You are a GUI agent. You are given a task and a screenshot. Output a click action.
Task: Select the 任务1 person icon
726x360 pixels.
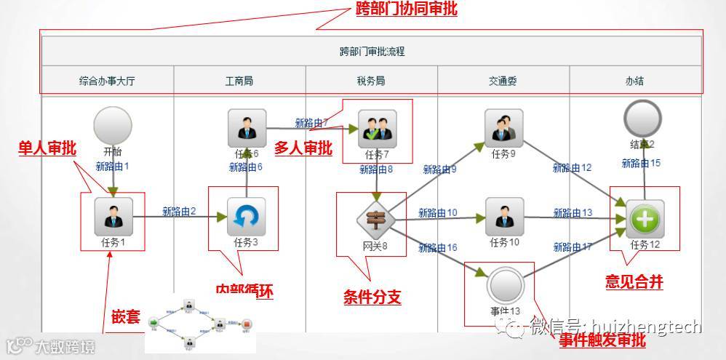[113, 217]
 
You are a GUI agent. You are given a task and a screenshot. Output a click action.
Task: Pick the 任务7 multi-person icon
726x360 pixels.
[378, 129]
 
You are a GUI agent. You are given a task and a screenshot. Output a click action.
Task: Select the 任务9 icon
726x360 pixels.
[504, 128]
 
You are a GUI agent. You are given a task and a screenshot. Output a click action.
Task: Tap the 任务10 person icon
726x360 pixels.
[504, 217]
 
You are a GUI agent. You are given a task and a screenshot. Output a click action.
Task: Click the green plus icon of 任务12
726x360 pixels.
[645, 218]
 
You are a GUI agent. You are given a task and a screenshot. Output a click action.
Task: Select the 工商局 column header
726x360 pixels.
[239, 81]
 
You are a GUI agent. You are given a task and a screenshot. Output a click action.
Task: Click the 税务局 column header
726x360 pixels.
[371, 81]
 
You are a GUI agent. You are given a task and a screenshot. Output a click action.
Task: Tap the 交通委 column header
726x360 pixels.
[503, 81]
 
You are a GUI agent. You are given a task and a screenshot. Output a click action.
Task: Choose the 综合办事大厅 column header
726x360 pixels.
[107, 81]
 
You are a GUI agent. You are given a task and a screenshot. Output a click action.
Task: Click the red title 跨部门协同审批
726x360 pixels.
[406, 10]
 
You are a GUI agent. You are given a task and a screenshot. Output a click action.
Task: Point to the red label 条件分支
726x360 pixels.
[372, 297]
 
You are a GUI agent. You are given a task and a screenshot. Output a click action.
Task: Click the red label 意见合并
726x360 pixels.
[634, 282]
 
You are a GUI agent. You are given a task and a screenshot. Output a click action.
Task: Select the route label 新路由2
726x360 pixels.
[180, 212]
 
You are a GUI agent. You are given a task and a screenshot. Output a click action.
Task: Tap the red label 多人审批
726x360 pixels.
[303, 148]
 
